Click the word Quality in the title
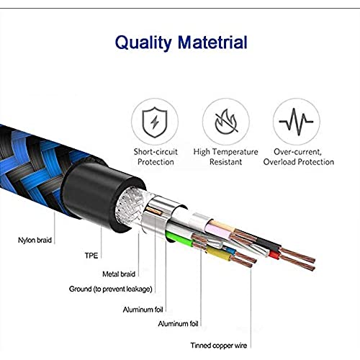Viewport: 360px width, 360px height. tap(143, 43)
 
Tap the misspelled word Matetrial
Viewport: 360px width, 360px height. tap(212, 42)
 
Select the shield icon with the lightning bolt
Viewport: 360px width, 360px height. tap(155, 122)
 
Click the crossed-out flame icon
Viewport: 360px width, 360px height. tap(226, 122)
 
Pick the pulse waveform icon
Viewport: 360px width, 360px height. tap(296, 122)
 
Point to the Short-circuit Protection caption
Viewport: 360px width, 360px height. tap(156, 157)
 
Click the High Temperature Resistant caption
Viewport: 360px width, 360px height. tap(225, 157)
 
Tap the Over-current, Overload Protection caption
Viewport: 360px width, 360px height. tap(299, 157)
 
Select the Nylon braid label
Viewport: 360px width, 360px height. tap(35, 240)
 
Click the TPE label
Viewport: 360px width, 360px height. tap(91, 256)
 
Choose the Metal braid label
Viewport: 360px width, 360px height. tap(119, 274)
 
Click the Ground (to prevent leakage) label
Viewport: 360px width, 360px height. tap(111, 289)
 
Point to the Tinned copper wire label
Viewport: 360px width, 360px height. tap(219, 346)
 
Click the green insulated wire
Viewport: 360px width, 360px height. tap(179, 239)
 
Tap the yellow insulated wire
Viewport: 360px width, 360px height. tap(219, 254)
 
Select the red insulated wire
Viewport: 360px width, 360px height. tap(274, 254)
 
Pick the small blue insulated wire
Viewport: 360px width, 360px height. tap(230, 250)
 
